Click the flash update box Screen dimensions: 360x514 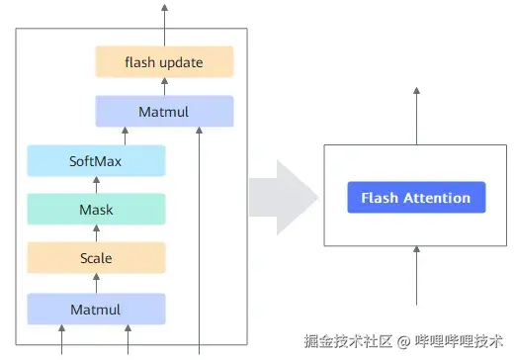164,62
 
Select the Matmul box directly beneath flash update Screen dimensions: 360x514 164,111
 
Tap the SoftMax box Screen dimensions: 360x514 96,160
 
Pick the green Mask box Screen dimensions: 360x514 96,210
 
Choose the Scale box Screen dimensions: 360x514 96,258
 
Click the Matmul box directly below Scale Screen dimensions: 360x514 96,309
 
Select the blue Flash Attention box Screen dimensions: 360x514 415,198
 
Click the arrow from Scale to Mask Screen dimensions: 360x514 96,233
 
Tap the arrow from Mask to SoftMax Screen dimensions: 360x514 96,185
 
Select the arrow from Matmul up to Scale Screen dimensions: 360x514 96,283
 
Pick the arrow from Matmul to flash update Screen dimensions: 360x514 164,87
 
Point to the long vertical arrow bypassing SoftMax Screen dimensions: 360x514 201,237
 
